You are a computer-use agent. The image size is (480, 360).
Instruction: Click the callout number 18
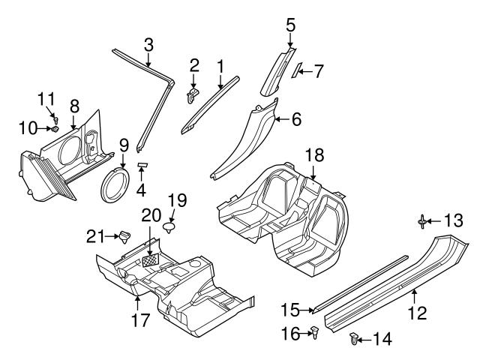tap(314, 155)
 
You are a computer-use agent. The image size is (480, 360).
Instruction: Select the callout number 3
tap(148, 44)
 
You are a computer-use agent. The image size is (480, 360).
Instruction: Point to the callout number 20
tap(151, 215)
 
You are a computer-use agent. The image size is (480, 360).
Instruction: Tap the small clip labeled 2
tap(193, 94)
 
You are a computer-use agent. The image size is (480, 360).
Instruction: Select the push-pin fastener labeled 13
tap(424, 220)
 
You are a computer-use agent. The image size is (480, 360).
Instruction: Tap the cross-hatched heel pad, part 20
tap(153, 259)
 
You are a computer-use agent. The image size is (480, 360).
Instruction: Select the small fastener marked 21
tap(121, 236)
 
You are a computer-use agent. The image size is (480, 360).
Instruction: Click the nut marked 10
tap(55, 129)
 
